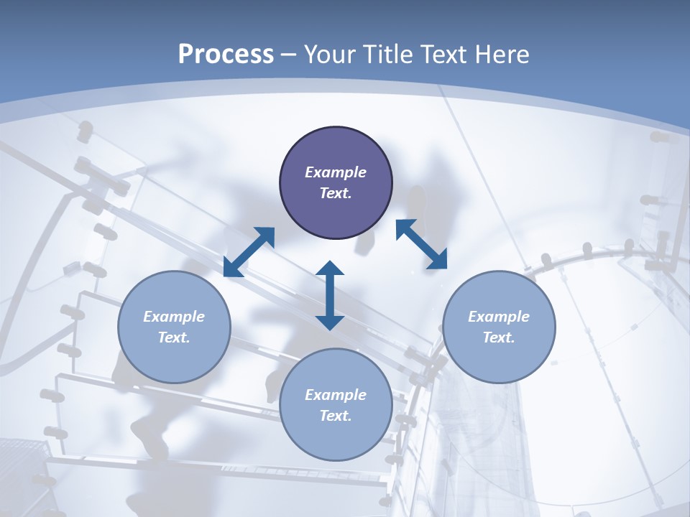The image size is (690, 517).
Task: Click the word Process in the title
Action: point(226,55)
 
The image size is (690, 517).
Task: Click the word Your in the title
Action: point(331,55)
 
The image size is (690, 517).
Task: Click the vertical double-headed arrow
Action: point(330,295)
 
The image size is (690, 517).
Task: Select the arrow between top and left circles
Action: point(249,251)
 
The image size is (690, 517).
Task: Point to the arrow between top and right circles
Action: point(422,244)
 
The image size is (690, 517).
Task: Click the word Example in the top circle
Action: point(336,172)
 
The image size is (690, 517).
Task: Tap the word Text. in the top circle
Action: point(336,193)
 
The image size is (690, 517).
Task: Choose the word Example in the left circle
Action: point(174,317)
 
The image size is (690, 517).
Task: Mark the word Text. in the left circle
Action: point(174,337)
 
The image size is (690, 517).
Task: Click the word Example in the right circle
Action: point(499,317)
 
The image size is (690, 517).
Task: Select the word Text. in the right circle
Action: point(499,337)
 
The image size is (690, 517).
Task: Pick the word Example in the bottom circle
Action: point(336,395)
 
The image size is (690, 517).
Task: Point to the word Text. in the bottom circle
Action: point(336,416)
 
